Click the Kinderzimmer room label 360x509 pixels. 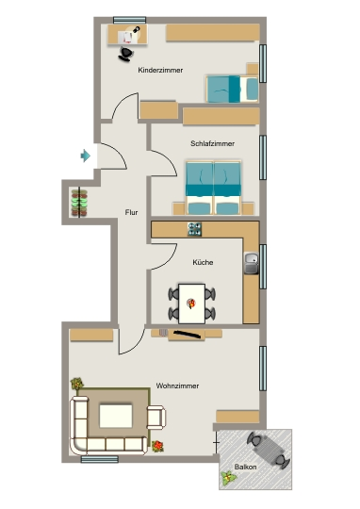tap(160, 70)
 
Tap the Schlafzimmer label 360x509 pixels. tap(213, 143)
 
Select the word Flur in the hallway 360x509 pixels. tap(132, 212)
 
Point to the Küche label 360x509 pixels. tap(203, 262)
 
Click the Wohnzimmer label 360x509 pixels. tap(177, 386)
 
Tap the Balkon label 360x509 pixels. tap(245, 467)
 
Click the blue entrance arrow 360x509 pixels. tap(86, 156)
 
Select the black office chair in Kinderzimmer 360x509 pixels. tap(126, 54)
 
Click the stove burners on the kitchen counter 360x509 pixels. tap(195, 229)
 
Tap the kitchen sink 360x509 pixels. tap(252, 263)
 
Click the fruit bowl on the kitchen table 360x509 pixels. tap(191, 304)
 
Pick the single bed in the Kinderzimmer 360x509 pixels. tap(232, 89)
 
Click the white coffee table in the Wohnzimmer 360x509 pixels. tap(116, 416)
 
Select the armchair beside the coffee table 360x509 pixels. tap(156, 418)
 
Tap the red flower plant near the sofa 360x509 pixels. tap(157, 447)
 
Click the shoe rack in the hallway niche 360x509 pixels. tap(79, 204)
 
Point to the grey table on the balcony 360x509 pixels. tap(268, 451)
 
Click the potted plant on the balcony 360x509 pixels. tap(229, 478)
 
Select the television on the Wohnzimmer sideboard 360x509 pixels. tap(187, 334)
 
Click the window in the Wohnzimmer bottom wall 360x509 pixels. tap(99, 459)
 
